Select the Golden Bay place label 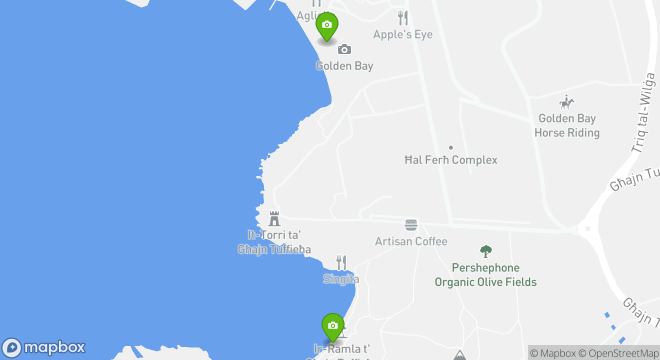(344, 66)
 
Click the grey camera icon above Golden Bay (344, 49)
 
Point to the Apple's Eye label (402, 34)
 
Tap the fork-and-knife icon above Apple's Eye (402, 18)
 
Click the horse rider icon (566, 102)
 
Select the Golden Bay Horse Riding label (567, 125)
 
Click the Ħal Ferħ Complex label (450, 160)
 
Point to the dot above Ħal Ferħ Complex (450, 147)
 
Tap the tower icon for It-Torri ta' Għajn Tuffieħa (274, 218)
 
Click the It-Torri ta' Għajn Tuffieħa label (274, 242)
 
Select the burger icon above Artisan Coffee (411, 225)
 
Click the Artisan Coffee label (411, 241)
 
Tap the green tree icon (485, 251)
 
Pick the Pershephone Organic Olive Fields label (485, 275)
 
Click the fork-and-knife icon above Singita (341, 262)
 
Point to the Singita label (341, 279)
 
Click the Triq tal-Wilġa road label (643, 113)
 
